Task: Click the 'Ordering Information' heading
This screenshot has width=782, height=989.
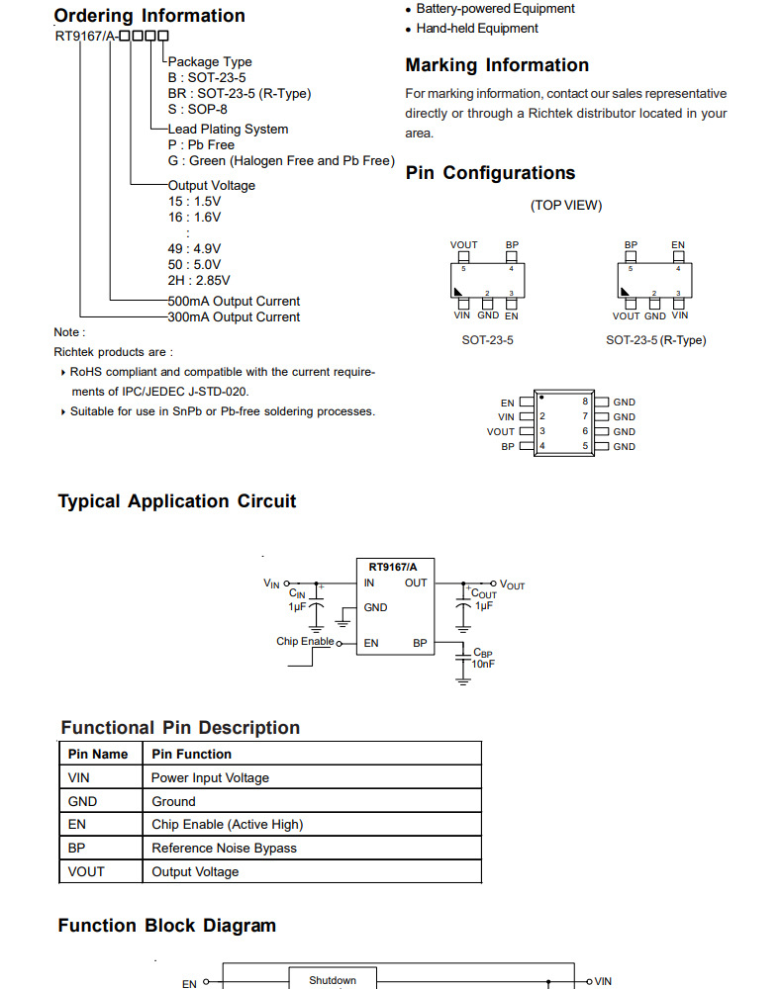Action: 149,16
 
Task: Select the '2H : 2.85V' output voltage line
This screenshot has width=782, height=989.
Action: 199,280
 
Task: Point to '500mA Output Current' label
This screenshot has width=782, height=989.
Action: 234,301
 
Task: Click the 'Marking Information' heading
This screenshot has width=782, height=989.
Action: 497,65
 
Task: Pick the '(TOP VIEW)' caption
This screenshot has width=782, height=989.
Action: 566,206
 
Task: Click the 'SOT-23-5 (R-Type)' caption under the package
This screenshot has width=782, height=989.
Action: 655,340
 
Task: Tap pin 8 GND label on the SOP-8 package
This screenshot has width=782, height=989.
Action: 624,403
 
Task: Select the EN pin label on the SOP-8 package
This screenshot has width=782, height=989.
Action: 508,403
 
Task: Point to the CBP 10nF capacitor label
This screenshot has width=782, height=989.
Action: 483,659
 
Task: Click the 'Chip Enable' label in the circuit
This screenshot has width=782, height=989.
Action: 305,642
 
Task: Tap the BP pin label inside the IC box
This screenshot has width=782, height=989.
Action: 420,643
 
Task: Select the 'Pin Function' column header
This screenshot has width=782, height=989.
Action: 191,754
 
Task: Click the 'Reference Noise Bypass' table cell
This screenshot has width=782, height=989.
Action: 224,848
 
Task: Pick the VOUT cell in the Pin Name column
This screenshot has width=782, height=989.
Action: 86,871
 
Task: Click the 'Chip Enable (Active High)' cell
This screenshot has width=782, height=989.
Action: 227,824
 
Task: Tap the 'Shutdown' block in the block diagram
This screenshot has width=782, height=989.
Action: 332,980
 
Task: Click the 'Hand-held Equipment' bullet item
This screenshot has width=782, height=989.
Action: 477,29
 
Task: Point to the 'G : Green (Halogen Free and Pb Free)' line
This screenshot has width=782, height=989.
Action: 281,160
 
